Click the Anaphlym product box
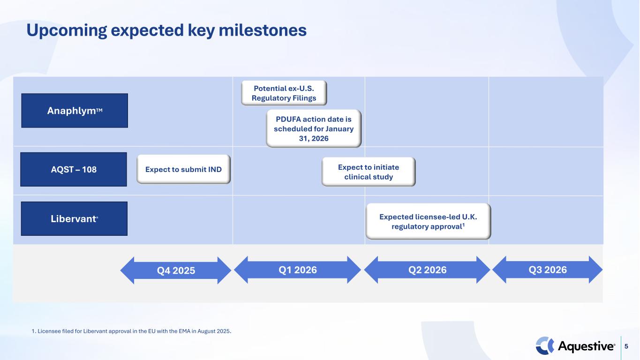coord(75,111)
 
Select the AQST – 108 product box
coord(74,169)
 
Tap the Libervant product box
coord(74,218)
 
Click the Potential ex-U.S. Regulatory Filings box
coord(284,93)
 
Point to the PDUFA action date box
coord(314,128)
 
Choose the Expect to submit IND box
coord(183,169)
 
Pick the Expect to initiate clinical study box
coord(369,172)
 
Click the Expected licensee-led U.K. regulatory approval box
coord(428,221)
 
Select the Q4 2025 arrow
coord(176,270)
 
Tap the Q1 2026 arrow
coord(297,270)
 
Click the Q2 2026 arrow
coord(427,270)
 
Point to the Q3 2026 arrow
coord(548,270)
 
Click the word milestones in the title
coord(263,30)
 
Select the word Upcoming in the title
coord(67,31)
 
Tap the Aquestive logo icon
coord(545,346)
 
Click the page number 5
coord(626,346)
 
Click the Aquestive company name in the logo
coord(586,346)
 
